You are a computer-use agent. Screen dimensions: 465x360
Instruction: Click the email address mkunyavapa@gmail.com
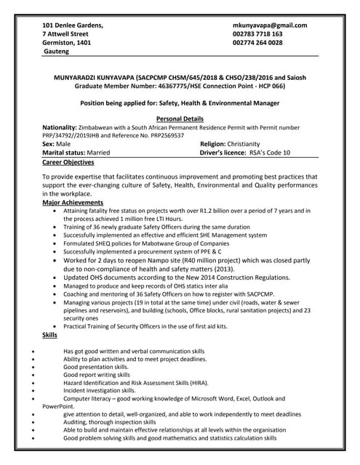[269, 25]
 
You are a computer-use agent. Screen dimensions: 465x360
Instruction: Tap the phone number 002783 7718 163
[257, 34]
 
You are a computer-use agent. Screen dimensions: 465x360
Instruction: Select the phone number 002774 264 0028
[257, 43]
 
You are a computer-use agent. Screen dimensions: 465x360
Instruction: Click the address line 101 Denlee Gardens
[73, 25]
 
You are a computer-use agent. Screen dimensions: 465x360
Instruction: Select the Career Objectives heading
[73, 163]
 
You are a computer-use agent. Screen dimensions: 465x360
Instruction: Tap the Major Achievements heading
[73, 203]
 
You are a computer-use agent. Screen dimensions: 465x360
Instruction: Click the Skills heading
[49, 335]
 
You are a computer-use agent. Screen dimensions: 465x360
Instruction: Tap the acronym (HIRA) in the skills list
[196, 381]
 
